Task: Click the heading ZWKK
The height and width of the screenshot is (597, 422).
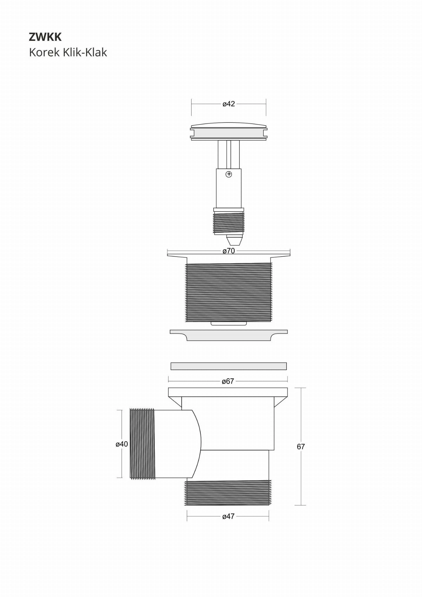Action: point(45,37)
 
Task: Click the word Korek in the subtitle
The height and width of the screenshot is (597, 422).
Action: point(44,52)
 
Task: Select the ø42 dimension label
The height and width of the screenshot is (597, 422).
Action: point(229,104)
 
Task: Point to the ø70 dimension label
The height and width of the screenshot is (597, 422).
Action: point(229,251)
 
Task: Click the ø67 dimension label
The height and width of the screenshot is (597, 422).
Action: point(228,381)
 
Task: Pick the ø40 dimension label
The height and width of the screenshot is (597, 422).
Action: point(122,444)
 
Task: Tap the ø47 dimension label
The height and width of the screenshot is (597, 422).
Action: point(228,516)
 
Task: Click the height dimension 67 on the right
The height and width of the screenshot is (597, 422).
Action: point(301,447)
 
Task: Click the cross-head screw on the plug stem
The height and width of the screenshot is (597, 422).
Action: point(229,174)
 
